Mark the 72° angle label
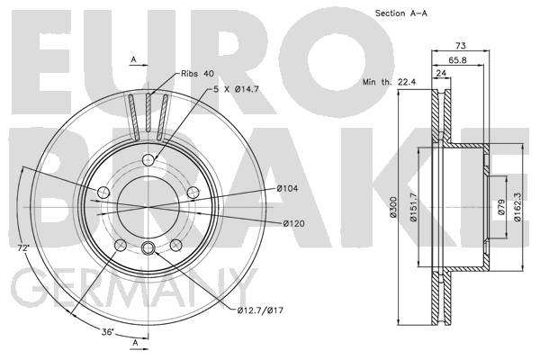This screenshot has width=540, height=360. click(22, 246)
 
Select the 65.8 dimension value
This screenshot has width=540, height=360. click(457, 61)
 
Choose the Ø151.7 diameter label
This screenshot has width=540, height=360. click(413, 208)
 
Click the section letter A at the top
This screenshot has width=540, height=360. click(133, 59)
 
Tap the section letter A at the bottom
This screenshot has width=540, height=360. click(133, 344)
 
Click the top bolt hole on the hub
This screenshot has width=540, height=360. click(149, 161)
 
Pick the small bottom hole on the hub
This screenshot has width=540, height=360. click(149, 249)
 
